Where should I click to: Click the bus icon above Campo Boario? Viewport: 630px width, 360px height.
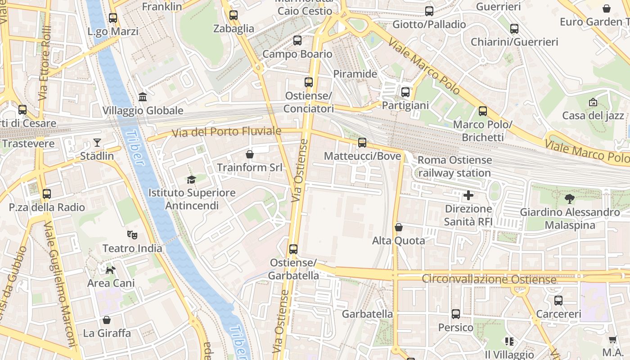point(297,40)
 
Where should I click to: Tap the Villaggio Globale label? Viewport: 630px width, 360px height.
point(143,111)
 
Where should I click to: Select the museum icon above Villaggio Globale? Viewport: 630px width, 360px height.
point(143,97)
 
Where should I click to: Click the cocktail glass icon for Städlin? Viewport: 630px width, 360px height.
point(97,143)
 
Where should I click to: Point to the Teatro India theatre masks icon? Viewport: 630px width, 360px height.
point(132,234)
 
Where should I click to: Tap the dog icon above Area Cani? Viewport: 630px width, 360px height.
point(110,270)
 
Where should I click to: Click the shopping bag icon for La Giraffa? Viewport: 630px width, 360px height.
point(107,320)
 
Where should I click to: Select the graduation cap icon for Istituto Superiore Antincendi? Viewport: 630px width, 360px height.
point(192,180)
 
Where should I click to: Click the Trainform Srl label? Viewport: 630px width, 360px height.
point(250,168)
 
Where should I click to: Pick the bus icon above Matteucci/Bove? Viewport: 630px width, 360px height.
point(362,143)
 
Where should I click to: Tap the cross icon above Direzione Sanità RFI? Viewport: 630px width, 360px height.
point(468,195)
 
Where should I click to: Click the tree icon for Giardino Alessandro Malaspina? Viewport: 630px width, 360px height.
point(570,198)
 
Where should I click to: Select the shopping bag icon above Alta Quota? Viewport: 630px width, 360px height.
point(398,227)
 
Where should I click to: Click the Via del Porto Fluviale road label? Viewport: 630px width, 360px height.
point(227,132)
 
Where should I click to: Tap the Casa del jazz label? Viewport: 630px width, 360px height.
point(593,116)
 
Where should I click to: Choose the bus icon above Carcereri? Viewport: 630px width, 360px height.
point(558,300)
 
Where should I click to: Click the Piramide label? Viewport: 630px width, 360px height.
point(355,74)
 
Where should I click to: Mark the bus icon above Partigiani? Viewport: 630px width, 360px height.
point(405,92)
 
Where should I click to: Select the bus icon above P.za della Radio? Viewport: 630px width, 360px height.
point(47,194)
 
